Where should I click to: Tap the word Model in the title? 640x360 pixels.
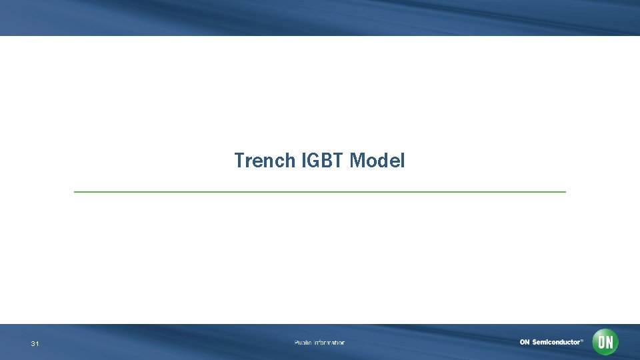point(377,161)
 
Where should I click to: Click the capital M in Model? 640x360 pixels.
point(357,161)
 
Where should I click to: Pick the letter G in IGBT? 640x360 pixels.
point(314,161)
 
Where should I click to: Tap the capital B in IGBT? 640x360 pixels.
point(326,161)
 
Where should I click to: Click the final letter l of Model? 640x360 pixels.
point(402,161)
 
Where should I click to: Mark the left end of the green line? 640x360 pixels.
point(75,192)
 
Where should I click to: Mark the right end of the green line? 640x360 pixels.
point(565,192)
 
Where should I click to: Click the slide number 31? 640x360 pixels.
point(35,343)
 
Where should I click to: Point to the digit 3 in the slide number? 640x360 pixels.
point(33,343)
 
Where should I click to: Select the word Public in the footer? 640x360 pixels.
point(303,343)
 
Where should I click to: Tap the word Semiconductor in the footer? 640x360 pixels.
point(555,342)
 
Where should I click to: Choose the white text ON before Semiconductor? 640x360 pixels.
point(525,342)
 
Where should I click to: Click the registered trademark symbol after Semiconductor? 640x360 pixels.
point(582,340)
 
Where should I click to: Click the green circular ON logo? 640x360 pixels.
point(605,342)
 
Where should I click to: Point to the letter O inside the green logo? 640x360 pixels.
point(601,342)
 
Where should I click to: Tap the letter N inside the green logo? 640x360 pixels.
point(609,342)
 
